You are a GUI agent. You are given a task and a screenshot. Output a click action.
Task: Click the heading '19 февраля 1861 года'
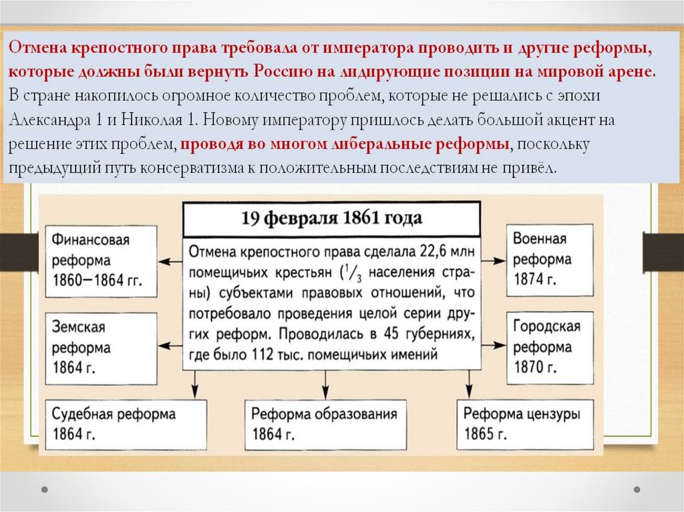click(331, 218)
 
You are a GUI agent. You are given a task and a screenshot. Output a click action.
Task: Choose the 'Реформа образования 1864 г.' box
click(325, 425)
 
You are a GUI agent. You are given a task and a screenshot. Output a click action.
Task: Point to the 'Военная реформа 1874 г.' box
click(550, 260)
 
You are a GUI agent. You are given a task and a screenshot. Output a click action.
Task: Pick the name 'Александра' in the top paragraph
click(47, 121)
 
